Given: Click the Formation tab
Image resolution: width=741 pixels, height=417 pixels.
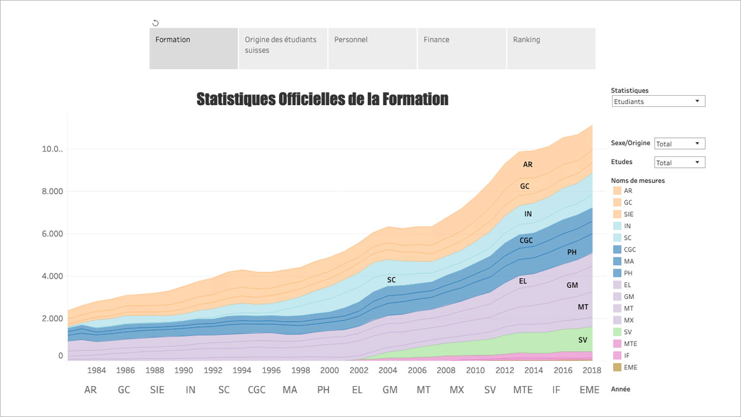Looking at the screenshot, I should pos(193,48).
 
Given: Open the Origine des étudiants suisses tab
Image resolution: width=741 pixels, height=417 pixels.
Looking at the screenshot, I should pos(282,48).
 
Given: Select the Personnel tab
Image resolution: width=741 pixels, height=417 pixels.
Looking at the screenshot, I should pos(372,48).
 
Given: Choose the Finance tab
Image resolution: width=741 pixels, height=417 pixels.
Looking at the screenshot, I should pos(461,48).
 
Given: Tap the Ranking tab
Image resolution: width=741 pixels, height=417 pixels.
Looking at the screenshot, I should pos(551,48).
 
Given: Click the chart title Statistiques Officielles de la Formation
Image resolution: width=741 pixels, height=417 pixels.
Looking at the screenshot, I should pos(322,99).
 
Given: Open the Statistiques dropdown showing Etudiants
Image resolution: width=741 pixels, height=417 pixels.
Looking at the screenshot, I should pos(658,101).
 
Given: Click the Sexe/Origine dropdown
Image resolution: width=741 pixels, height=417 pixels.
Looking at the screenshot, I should pos(679,144).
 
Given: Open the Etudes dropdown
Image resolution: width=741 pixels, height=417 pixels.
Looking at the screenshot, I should pos(679,163).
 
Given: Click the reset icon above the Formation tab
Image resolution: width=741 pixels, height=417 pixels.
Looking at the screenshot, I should pos(156,23).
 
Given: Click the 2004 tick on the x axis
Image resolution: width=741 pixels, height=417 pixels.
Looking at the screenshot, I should pos(388,371).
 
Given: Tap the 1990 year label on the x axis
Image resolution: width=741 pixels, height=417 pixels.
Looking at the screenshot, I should pos(183,371).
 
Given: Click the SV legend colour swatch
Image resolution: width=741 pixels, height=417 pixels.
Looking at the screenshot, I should pos(616,332).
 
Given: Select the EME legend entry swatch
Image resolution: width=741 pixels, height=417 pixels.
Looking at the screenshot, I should pos(616,368).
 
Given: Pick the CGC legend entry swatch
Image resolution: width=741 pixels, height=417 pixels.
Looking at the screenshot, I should pos(616,250).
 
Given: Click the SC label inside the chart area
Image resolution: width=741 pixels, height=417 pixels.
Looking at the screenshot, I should pos(391,280).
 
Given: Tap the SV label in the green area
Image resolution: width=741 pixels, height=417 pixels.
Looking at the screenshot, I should pos(582,340).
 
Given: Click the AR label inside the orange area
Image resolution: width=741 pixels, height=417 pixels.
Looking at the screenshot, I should pos(527,165).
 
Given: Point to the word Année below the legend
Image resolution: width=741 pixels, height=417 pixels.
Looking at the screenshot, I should pos(621,389).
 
